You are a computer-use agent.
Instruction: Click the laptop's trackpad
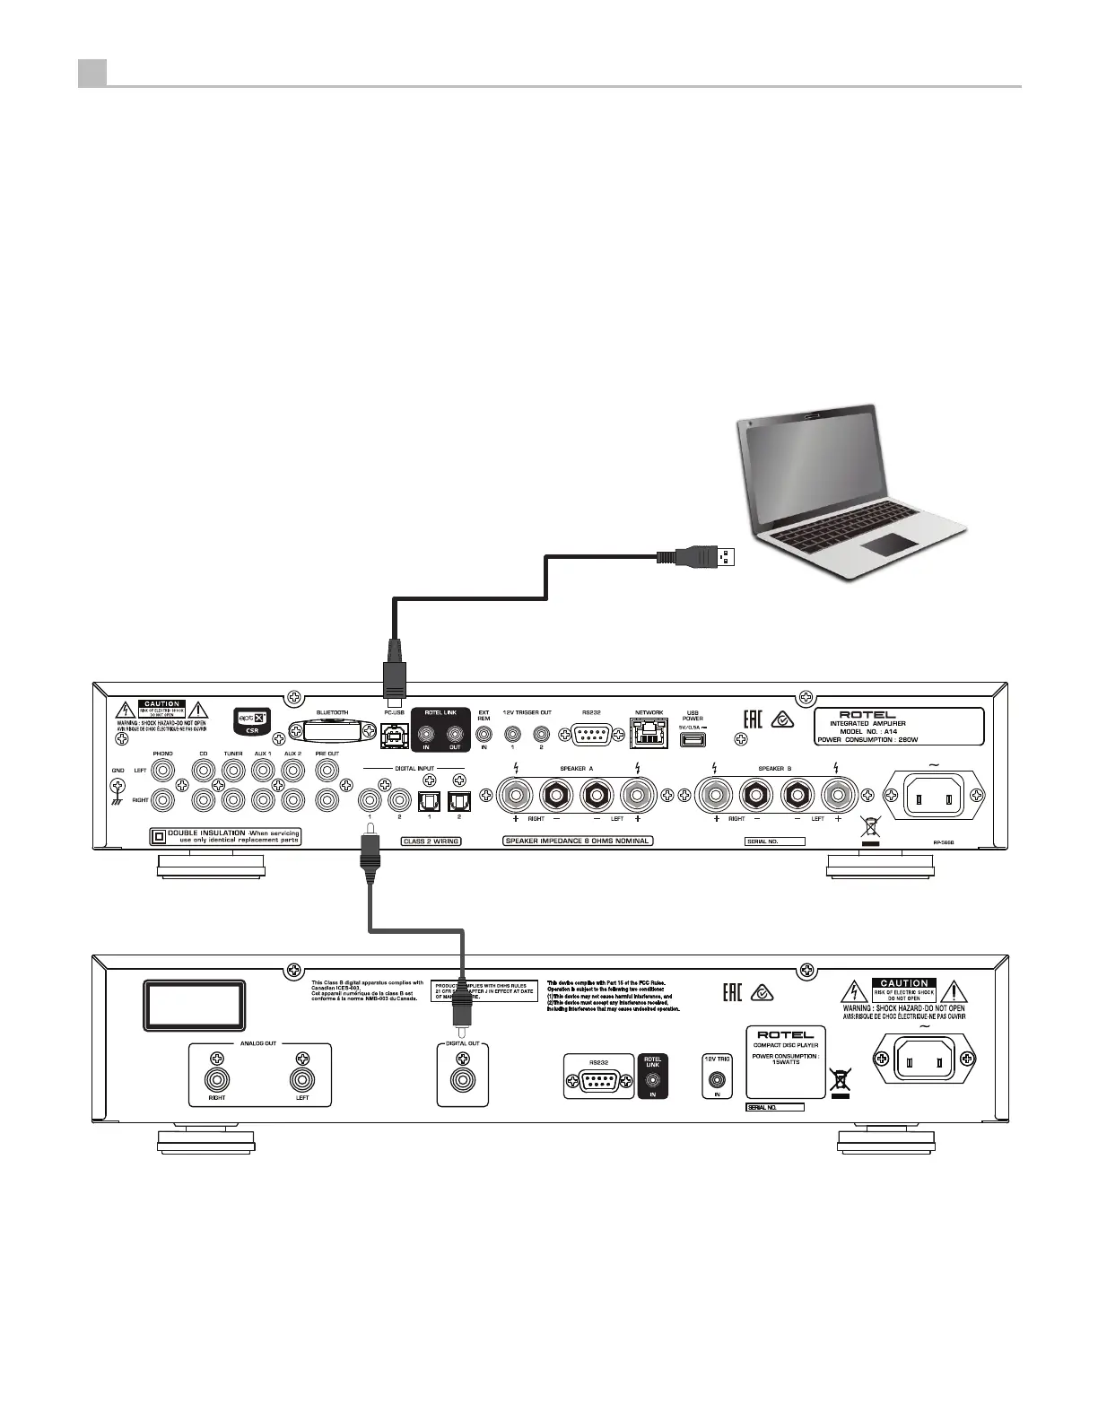[888, 545]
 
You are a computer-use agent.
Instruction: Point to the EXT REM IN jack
[484, 734]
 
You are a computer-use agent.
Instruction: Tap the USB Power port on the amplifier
[693, 739]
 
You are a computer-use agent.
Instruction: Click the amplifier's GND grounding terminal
[116, 787]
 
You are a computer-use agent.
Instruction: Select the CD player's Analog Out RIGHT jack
[216, 1079]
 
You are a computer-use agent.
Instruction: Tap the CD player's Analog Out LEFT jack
[302, 1079]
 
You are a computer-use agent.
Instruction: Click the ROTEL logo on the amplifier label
[867, 715]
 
